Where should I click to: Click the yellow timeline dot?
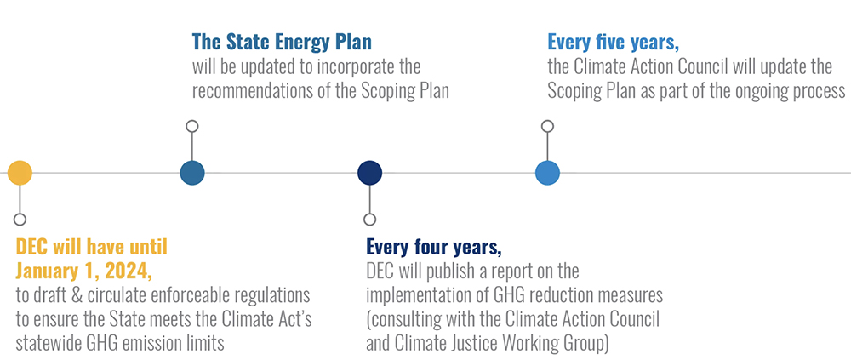[20, 174]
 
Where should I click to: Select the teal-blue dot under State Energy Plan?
[192, 174]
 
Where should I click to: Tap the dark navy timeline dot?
[370, 174]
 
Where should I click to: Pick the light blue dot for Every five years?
[547, 174]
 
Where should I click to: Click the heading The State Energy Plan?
[282, 42]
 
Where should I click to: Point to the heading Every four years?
[434, 248]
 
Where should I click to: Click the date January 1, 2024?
[83, 271]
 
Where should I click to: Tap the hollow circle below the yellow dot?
[20, 220]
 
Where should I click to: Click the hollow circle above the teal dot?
[192, 127]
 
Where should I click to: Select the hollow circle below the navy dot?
[370, 220]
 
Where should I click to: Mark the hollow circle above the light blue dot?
[547, 127]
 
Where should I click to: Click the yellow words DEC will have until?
[92, 248]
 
